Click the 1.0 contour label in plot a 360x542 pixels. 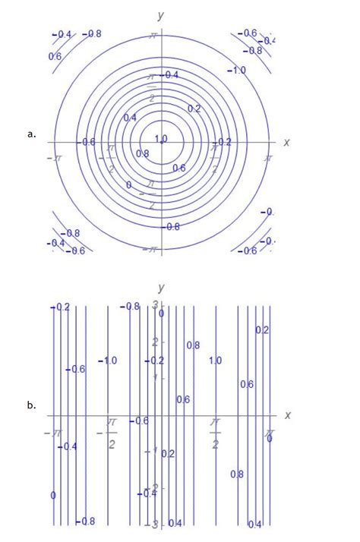(161, 139)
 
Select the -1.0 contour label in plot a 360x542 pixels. (238, 70)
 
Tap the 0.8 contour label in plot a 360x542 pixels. (142, 153)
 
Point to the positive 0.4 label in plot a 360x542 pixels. (130, 118)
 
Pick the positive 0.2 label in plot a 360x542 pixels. (194, 109)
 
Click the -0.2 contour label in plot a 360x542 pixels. (223, 142)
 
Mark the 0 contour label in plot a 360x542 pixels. (128, 184)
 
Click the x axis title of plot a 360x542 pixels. (286, 142)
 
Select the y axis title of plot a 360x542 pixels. (161, 14)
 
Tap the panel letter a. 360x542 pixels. (31, 134)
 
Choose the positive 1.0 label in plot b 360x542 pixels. (215, 361)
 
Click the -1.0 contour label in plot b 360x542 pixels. (107, 361)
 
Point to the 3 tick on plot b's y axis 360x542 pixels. (153, 305)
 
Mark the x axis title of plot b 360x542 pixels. (287, 415)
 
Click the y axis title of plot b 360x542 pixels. (161, 288)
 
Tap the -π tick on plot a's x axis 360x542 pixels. (52, 157)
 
